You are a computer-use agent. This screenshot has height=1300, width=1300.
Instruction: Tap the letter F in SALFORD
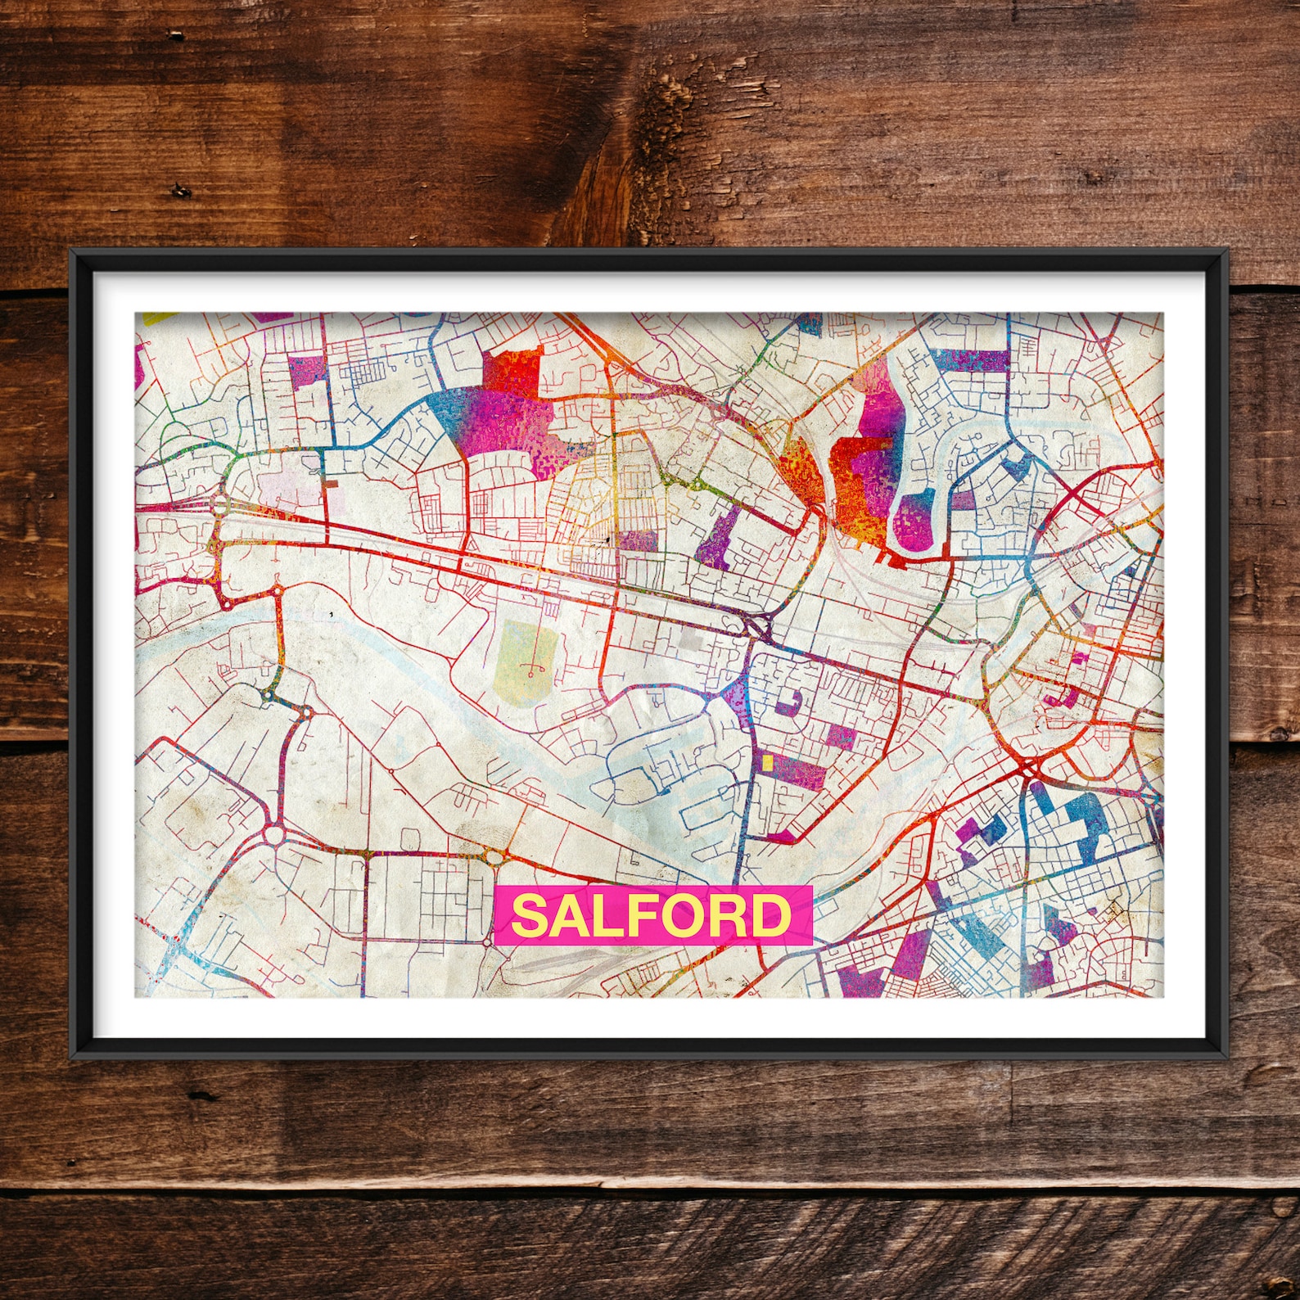[x=635, y=915]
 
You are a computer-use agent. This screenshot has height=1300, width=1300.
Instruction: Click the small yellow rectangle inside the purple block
[x=767, y=762]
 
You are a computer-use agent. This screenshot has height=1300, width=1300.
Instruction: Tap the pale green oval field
[x=525, y=657]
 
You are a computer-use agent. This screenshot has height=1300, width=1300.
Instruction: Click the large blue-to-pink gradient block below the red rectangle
[x=499, y=426]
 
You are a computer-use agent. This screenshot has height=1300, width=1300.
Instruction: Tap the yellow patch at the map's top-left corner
[x=156, y=317]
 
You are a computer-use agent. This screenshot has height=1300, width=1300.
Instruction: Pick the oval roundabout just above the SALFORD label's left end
[x=494, y=857]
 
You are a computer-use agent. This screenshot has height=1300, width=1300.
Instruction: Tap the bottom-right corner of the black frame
[x=1227, y=1057]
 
